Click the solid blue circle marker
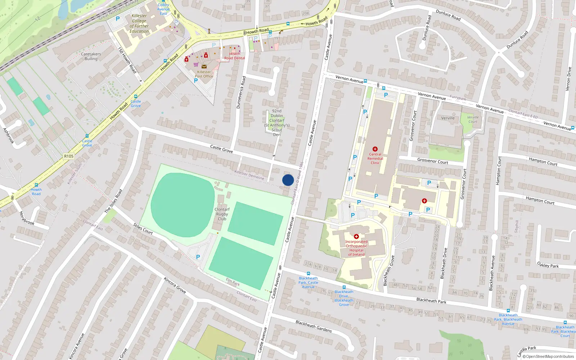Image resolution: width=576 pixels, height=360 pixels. coord(288,180)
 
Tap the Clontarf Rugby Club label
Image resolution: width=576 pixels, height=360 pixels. coord(222,214)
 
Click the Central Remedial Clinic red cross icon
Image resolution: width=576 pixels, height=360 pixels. coord(375,149)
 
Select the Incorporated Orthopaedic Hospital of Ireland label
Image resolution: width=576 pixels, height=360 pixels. coord(356,248)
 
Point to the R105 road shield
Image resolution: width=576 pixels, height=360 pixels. coord(69,156)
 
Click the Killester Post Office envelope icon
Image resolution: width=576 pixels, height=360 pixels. coord(204,67)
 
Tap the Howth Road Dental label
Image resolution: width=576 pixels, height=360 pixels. coord(235,56)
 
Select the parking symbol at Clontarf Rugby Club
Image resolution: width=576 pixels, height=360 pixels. coord(198,257)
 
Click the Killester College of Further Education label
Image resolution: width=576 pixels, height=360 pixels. coord(139,23)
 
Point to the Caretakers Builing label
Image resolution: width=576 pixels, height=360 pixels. coord(91,56)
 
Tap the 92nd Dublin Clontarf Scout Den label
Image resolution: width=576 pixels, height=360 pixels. coord(276,123)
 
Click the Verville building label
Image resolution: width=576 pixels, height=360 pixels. coord(448,118)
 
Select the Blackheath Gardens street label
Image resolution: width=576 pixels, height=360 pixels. coord(314,326)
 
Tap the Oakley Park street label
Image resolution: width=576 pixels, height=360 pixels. coord(548,265)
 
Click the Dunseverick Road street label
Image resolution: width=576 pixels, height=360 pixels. coord(240,92)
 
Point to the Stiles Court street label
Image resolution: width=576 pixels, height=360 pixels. coord(143,229)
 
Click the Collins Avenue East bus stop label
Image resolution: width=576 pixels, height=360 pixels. coord(163,9)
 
